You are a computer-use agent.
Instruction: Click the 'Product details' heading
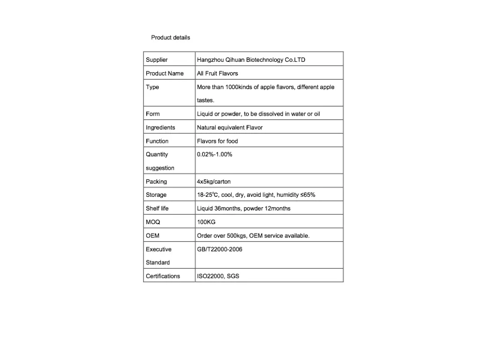click(170, 37)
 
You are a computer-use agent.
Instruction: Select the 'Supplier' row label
click(157, 60)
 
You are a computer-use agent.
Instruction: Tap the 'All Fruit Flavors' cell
click(217, 74)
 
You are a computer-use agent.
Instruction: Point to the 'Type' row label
click(152, 87)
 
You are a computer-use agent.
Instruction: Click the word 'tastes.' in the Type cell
click(205, 100)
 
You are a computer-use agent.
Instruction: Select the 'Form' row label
click(152, 114)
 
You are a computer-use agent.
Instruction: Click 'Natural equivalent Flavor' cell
click(230, 127)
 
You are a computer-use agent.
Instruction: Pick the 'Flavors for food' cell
click(217, 141)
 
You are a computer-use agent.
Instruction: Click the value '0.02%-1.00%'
click(215, 154)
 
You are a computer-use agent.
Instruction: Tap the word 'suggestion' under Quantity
click(160, 168)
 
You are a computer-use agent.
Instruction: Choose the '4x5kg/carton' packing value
click(214, 181)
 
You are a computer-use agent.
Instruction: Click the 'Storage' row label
click(156, 195)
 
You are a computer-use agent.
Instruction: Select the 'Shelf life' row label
click(157, 209)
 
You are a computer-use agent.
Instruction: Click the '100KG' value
click(206, 222)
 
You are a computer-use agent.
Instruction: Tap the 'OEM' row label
click(152, 236)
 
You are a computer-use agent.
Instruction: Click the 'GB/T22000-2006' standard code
click(219, 249)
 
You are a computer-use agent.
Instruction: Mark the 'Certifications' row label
click(163, 276)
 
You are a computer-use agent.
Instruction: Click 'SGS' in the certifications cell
click(233, 276)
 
